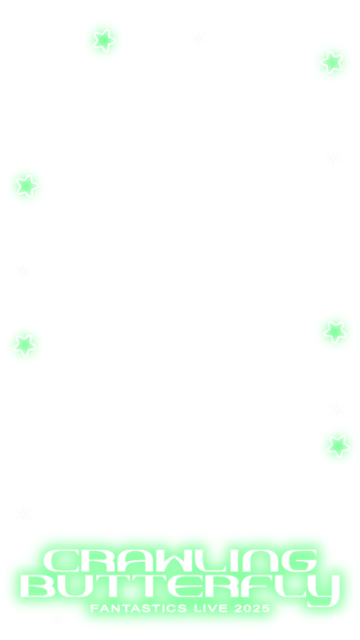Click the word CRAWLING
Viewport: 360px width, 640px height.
click(x=180, y=561)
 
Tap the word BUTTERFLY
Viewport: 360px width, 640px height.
click(x=180, y=588)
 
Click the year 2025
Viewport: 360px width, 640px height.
click(x=253, y=608)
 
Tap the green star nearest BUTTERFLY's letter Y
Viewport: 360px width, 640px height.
click(x=339, y=446)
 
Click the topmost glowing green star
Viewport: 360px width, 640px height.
click(x=104, y=40)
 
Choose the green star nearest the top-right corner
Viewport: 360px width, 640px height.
click(x=332, y=62)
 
